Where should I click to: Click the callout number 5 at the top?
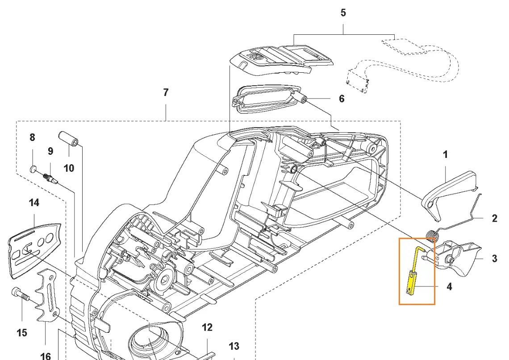343,12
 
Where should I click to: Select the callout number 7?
166,93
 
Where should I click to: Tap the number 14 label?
34,203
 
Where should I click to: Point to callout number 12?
207,327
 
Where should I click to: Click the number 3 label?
494,258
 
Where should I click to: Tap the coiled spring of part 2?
433,235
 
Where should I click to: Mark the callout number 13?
234,346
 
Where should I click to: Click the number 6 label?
342,99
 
